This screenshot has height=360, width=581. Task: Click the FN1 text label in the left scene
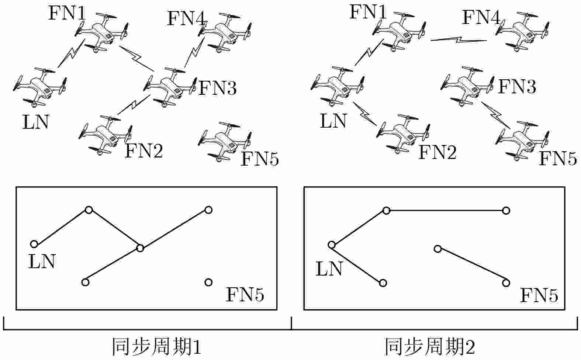click(67, 13)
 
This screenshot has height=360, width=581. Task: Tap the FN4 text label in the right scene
click(481, 18)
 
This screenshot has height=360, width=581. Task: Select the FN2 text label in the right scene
click(437, 152)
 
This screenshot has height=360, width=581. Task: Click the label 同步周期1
click(156, 347)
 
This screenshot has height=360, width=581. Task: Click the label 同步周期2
click(430, 347)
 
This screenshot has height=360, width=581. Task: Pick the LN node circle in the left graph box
click(34, 244)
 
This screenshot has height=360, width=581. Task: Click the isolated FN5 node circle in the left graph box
click(208, 282)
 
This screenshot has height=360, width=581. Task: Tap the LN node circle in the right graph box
click(331, 245)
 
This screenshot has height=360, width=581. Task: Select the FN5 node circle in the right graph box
click(506, 283)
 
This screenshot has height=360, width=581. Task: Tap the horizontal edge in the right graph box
click(446, 211)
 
